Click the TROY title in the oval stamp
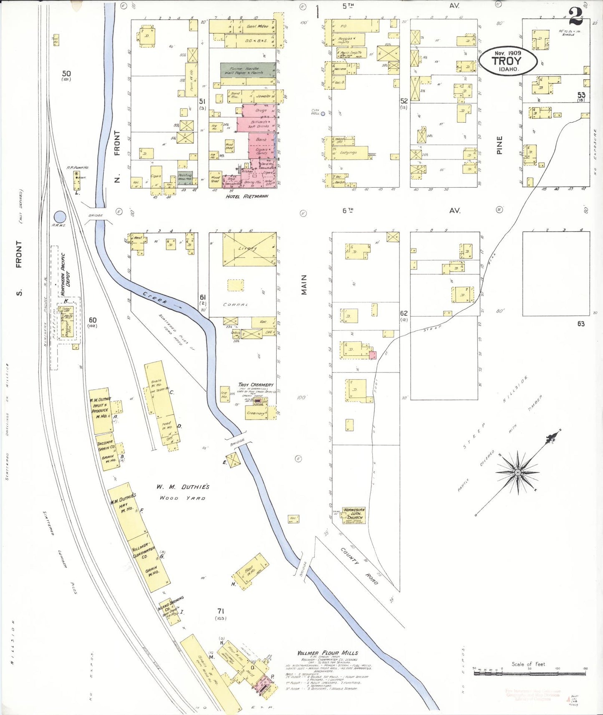507,61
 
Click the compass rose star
518,472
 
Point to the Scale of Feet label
528,664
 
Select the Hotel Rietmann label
247,196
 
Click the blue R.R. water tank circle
60,217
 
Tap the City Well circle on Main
323,113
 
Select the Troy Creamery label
256,385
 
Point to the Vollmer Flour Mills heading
328,653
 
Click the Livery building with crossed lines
249,249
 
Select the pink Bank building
262,140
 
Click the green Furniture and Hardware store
248,70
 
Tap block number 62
404,313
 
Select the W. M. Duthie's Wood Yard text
183,492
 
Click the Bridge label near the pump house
96,215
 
